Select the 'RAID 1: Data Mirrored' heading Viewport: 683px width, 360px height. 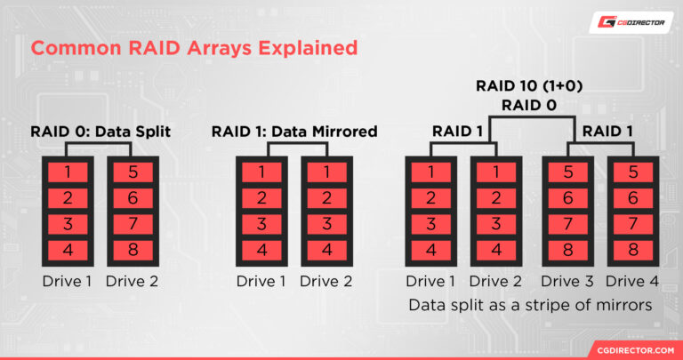tap(294, 132)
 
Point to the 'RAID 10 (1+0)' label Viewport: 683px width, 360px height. tap(529, 87)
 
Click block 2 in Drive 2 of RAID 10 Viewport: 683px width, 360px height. tap(495, 197)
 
